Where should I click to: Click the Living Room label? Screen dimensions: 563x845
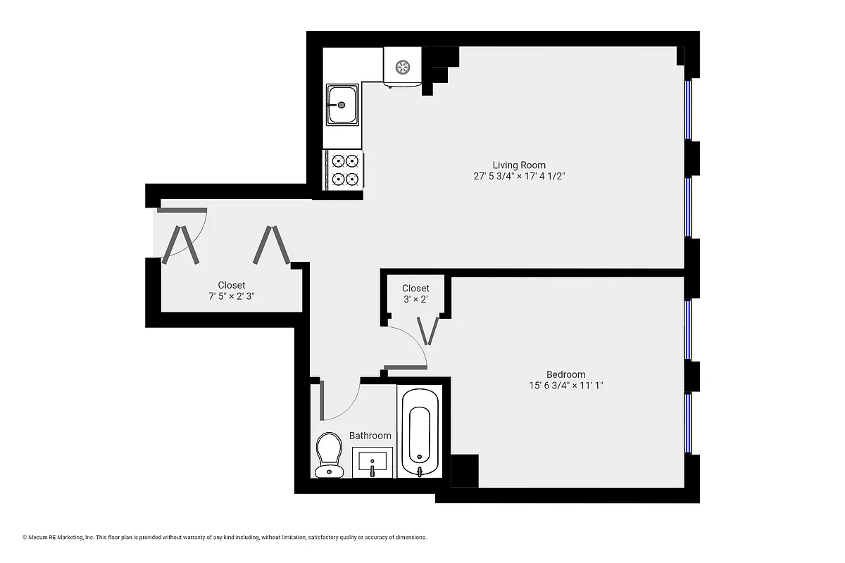[x=519, y=165]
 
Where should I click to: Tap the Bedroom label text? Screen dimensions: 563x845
[x=565, y=374]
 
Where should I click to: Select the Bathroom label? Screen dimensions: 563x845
[x=370, y=436]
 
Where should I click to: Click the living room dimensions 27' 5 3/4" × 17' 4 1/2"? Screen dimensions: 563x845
[x=519, y=177]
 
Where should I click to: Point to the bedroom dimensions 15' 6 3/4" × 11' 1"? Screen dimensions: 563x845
[x=565, y=386]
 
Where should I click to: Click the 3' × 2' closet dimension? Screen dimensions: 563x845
[x=415, y=299]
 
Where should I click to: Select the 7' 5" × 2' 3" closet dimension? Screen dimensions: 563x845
[x=231, y=296]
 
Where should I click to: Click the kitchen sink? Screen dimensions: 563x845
[x=342, y=105]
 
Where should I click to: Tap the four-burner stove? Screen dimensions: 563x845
[x=344, y=170]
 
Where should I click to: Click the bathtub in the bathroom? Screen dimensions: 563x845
[x=420, y=433]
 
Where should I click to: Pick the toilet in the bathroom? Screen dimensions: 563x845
[x=328, y=454]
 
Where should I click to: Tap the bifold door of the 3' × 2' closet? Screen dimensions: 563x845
[x=428, y=330]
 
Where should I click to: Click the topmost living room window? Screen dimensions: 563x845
[x=689, y=110]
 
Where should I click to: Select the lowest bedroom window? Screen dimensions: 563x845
[x=689, y=422]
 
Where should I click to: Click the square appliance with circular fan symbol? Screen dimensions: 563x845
[x=402, y=68]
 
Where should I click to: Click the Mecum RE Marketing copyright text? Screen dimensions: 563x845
[x=225, y=538]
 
